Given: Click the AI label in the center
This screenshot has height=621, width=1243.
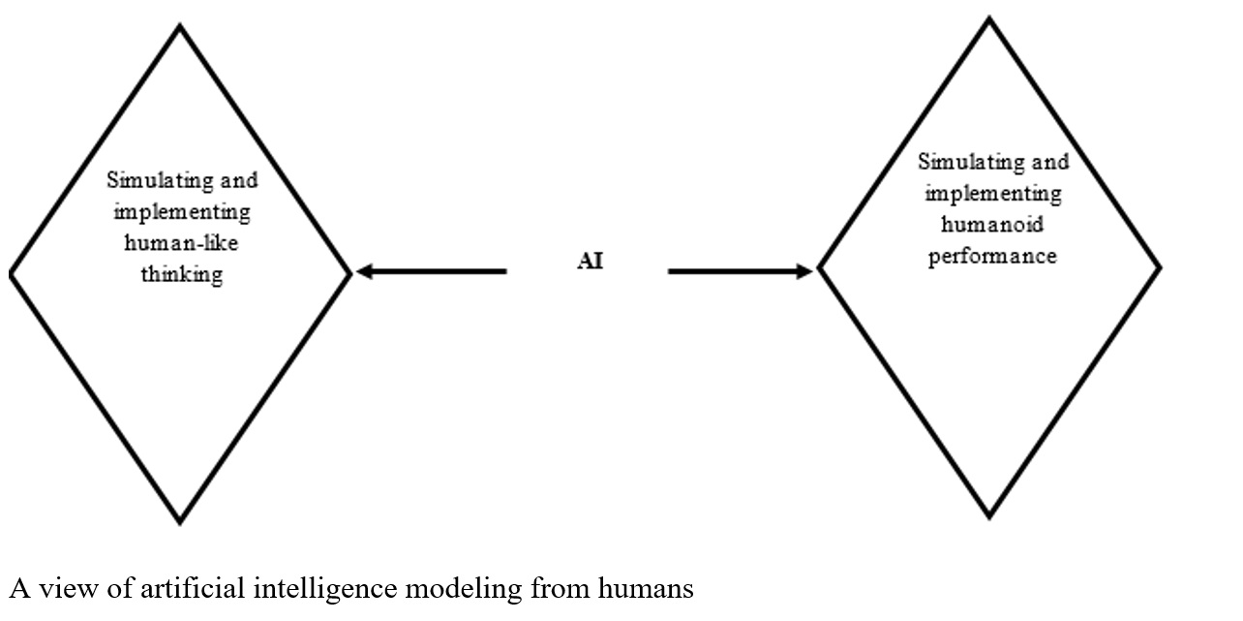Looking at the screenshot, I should click(590, 263).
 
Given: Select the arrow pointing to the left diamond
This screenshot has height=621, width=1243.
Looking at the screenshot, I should click(431, 272).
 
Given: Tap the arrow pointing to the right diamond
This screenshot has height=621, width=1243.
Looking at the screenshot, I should click(741, 272).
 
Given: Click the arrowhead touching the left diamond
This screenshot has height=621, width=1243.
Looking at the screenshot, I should click(364, 272).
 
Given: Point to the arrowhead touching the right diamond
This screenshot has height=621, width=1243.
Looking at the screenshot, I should click(804, 272).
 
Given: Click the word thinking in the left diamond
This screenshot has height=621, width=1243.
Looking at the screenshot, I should click(182, 274).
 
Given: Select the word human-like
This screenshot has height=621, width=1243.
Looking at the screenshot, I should click(182, 243).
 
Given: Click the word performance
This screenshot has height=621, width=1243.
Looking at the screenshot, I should click(992, 257).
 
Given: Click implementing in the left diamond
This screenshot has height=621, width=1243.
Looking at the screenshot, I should click(182, 212).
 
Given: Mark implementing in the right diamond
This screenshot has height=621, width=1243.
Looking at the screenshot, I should click(992, 194).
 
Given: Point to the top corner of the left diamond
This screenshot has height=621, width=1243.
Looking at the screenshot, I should click(180, 26).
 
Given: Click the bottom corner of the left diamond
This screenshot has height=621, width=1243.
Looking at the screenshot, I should click(180, 523).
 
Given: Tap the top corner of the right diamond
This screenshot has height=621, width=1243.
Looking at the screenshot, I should click(989, 19).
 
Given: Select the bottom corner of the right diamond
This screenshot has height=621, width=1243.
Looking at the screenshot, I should click(989, 517).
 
